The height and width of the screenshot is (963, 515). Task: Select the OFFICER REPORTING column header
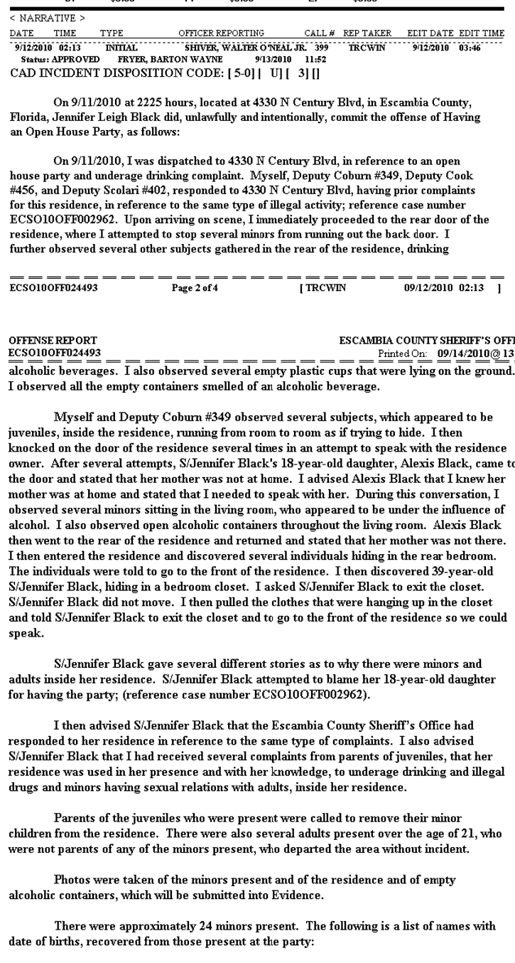point(221,33)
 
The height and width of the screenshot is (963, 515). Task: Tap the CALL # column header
point(319,33)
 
